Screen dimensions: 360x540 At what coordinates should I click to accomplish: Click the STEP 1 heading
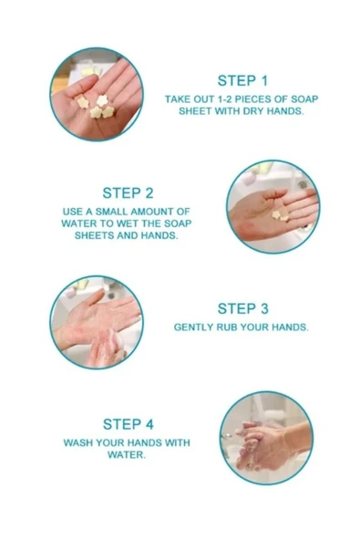click(242, 81)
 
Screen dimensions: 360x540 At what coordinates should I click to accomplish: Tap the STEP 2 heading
click(128, 193)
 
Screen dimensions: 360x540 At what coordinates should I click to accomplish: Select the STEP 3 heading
click(242, 309)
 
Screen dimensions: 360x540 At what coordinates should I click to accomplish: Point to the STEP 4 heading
click(128, 424)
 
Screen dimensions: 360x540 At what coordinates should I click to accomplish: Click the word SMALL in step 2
click(111, 212)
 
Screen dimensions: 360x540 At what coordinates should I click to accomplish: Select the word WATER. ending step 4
click(127, 454)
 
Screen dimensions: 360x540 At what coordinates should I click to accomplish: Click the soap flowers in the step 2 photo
click(280, 215)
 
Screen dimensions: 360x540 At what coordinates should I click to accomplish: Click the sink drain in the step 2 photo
click(303, 185)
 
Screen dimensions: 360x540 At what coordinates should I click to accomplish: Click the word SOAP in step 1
click(304, 99)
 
